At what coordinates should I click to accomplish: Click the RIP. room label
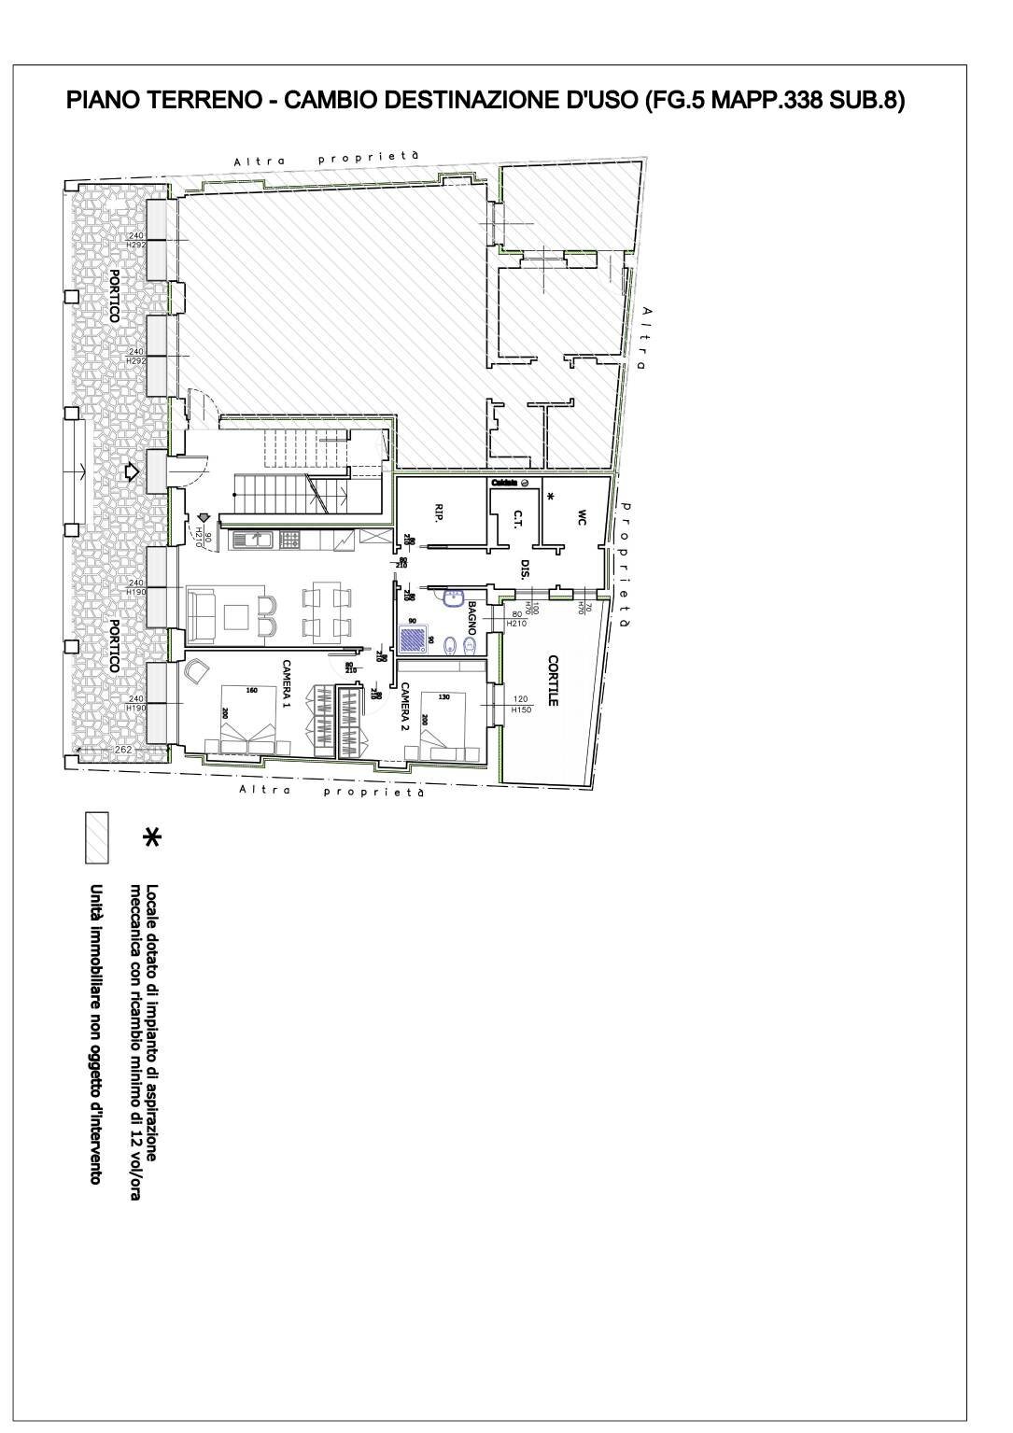tap(438, 512)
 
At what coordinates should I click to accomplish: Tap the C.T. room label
tap(516, 519)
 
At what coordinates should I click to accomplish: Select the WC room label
tap(581, 515)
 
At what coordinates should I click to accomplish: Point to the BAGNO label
tap(472, 617)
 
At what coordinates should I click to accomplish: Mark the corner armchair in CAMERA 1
tap(198, 672)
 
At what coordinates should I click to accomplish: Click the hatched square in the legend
tap(96, 837)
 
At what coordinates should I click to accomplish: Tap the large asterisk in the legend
tap(150, 837)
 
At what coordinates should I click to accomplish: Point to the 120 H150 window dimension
tap(520, 705)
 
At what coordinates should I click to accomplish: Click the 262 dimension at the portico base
tap(123, 750)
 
